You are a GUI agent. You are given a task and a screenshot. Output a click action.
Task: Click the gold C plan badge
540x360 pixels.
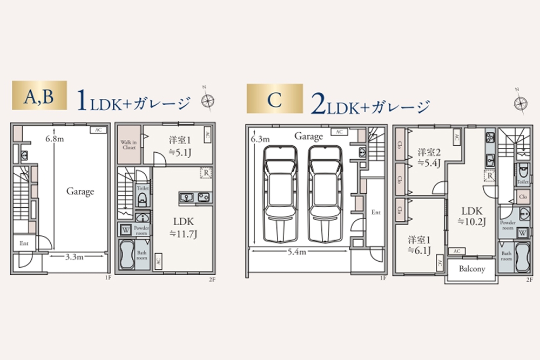pyautogui.click(x=274, y=99)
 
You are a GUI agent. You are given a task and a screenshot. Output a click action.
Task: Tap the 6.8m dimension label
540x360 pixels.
pyautogui.click(x=55, y=139)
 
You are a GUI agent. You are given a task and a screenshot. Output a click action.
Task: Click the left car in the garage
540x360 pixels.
pyautogui.click(x=280, y=195)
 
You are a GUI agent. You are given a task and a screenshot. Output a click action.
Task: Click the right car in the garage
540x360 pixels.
pyautogui.click(x=326, y=195)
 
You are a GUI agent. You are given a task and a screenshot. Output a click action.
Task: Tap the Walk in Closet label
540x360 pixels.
pyautogui.click(x=130, y=144)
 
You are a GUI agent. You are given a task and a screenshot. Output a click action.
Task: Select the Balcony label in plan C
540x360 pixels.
pyautogui.click(x=471, y=269)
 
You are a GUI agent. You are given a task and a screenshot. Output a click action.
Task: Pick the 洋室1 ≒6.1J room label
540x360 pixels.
pyautogui.click(x=419, y=244)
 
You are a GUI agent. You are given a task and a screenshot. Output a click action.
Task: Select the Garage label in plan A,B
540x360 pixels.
pyautogui.click(x=80, y=191)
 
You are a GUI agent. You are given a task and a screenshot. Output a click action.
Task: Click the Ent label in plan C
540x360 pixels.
pyautogui.click(x=376, y=213)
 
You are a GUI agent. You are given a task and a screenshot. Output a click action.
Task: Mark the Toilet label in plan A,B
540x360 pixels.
pyautogui.click(x=143, y=189)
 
